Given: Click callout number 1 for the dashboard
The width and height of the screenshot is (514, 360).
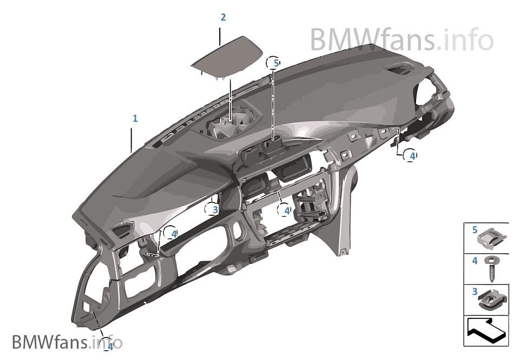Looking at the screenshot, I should pyautogui.click(x=135, y=117).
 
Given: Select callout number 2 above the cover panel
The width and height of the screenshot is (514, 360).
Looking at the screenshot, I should pyautogui.click(x=223, y=17).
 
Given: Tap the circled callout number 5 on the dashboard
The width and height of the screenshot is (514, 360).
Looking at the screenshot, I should pyautogui.click(x=275, y=63).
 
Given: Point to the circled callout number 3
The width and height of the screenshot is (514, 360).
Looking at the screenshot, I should pyautogui.click(x=214, y=209).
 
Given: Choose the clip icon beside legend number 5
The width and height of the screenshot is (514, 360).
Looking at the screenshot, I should pyautogui.click(x=494, y=236).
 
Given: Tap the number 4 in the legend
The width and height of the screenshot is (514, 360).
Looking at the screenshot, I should pyautogui.click(x=475, y=261).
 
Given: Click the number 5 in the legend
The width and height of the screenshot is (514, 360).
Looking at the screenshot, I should pyautogui.click(x=475, y=230).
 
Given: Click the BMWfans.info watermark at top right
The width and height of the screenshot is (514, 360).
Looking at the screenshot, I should pyautogui.click(x=401, y=39).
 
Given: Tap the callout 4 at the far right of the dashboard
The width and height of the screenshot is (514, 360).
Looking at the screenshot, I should pyautogui.click(x=412, y=155).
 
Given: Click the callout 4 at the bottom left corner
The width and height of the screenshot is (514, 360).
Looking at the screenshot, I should pyautogui.click(x=110, y=345).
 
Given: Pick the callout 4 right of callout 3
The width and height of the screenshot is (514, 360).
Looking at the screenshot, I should pyautogui.click(x=286, y=210).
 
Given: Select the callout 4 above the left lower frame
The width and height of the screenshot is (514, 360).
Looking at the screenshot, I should pyautogui.click(x=173, y=234).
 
